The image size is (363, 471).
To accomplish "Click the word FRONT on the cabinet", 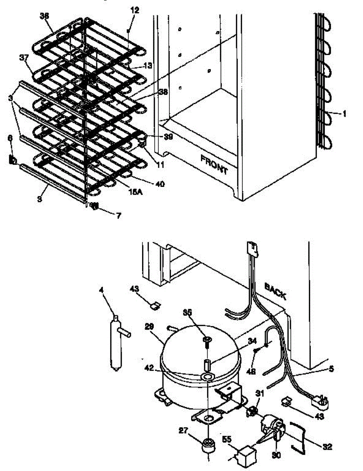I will coord(214,164).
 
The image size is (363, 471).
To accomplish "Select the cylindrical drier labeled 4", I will coord(117,342).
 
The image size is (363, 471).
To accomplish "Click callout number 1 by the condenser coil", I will coord(344,114).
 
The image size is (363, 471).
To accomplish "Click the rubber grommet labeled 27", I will coord(208,446).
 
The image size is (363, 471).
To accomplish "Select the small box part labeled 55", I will coord(241,455).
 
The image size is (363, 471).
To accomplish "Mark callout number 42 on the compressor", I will coord(166,369).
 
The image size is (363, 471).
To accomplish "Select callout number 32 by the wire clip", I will coord(327,446).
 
